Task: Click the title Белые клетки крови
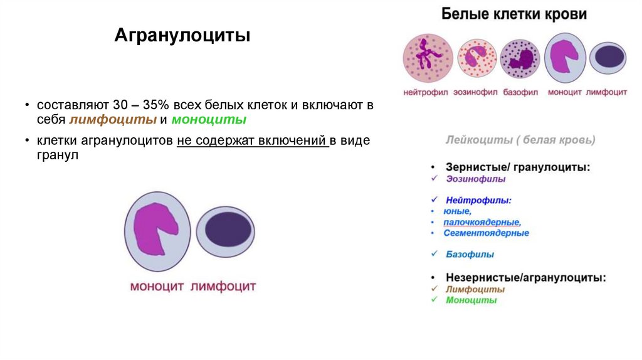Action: [515, 14]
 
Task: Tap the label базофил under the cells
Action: [520, 92]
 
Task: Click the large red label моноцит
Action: [157, 287]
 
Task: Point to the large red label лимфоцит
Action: [223, 287]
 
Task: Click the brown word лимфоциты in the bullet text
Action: [117, 120]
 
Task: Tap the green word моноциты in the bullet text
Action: [209, 120]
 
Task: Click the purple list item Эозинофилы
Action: [476, 179]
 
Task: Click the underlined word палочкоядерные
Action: [481, 222]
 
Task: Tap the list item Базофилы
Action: [470, 255]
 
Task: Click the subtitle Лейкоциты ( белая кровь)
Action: [520, 140]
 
